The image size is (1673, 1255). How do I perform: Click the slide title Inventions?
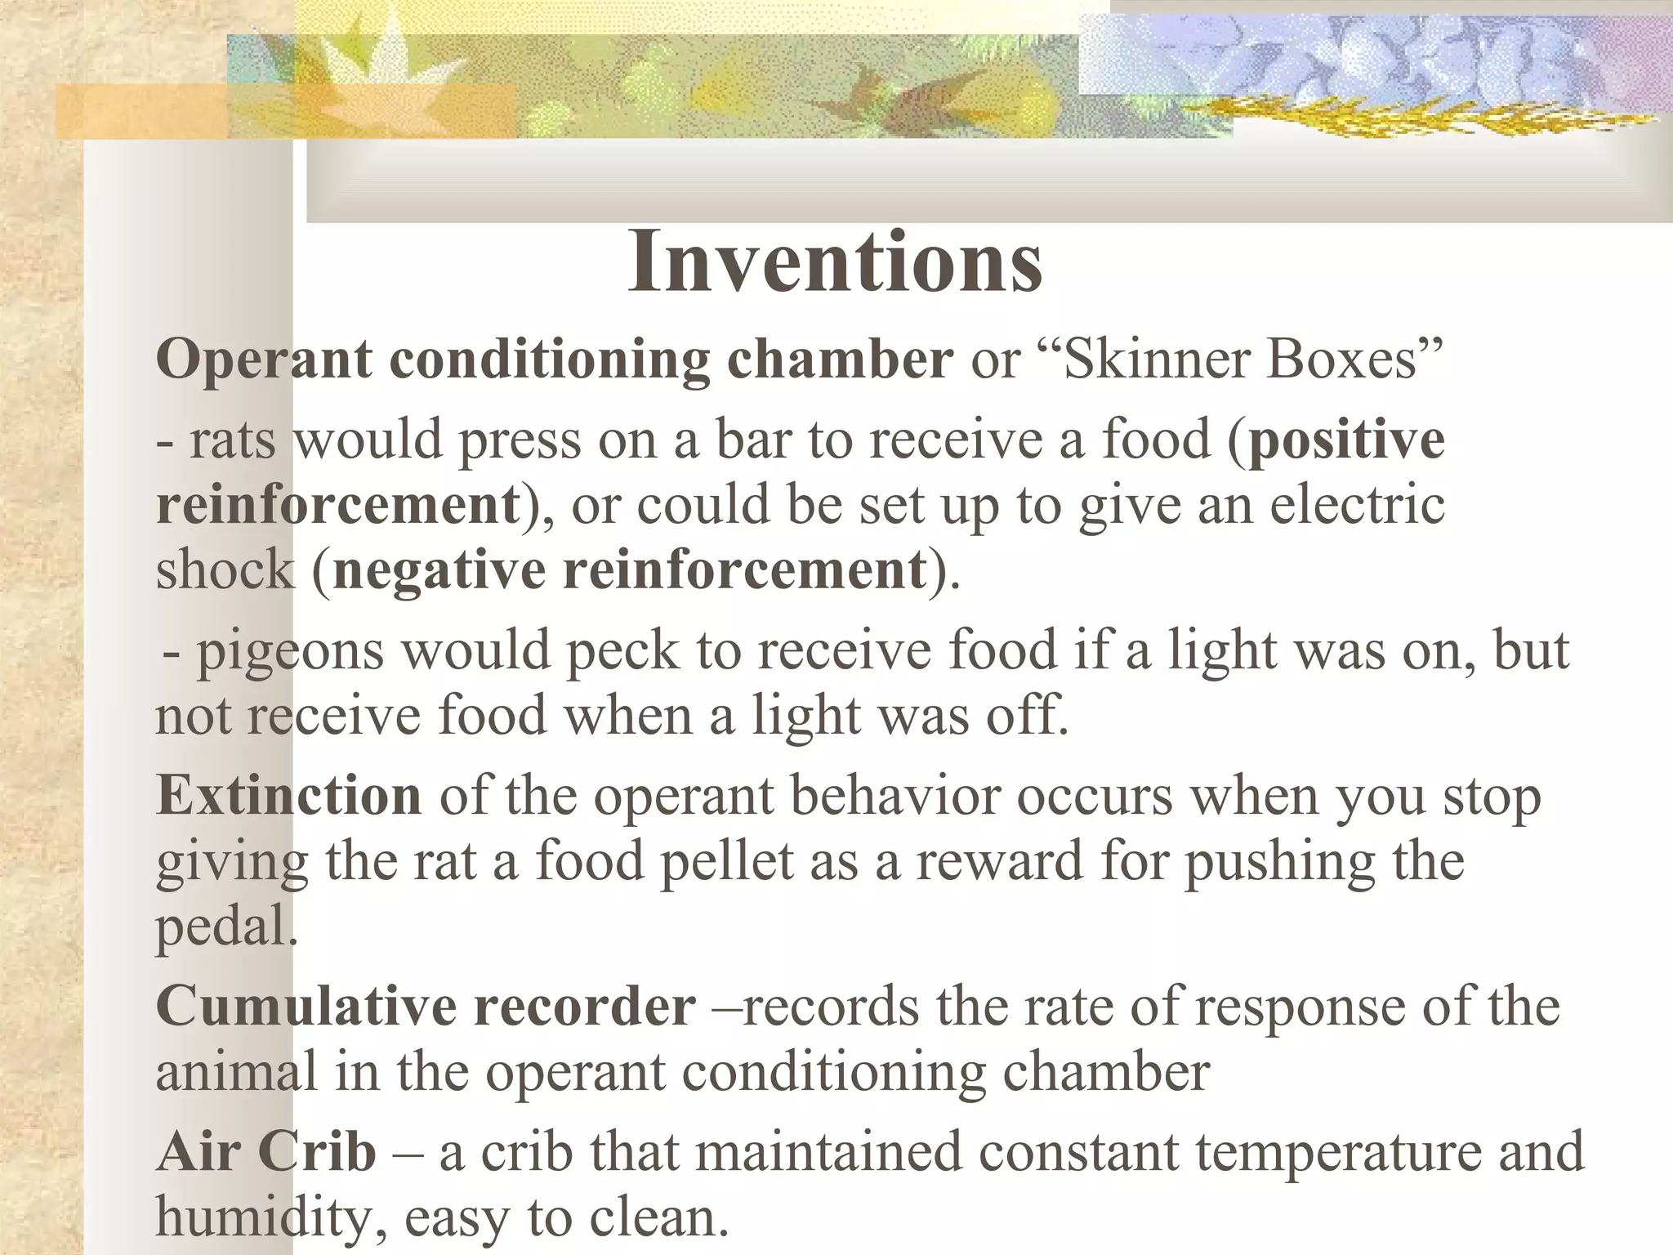(x=835, y=262)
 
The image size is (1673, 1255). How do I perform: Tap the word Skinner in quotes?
(x=1146, y=359)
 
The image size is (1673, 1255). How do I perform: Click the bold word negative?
(x=439, y=569)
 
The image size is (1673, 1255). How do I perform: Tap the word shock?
(x=225, y=569)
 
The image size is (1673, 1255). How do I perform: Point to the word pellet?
(x=726, y=861)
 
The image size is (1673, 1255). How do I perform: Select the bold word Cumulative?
(x=306, y=1006)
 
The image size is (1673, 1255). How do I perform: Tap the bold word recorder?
(x=585, y=1006)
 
